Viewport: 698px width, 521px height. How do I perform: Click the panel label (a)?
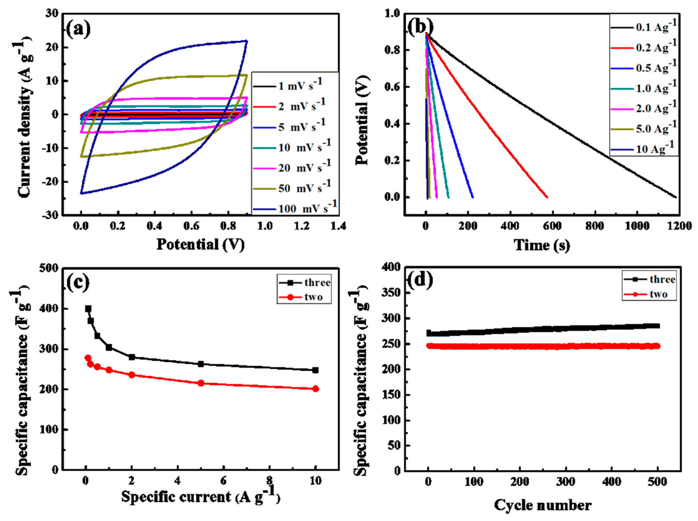[x=78, y=30]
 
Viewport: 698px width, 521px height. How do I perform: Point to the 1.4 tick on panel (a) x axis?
[x=338, y=226]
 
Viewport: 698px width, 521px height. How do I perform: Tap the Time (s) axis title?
[x=542, y=245]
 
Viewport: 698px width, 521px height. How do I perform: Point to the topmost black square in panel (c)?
[x=88, y=308]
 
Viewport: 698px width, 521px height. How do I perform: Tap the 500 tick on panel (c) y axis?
[x=50, y=268]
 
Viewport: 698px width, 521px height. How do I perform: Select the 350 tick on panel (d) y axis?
[x=392, y=293]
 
